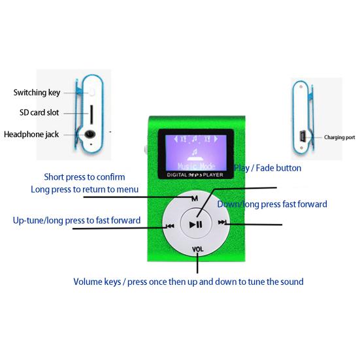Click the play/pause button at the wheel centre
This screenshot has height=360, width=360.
tap(196, 224)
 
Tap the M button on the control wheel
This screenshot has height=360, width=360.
tap(195, 199)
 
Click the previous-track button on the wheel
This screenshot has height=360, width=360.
tap(170, 226)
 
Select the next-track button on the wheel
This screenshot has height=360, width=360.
tap(222, 222)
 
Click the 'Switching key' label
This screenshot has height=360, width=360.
tap(37, 93)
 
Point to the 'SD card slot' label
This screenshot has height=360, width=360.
tap(39, 112)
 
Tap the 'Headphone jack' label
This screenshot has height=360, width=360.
tap(31, 135)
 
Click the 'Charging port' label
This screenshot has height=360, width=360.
tap(339, 137)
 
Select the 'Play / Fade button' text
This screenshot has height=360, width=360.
tap(267, 168)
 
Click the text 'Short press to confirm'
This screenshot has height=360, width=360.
tap(84, 177)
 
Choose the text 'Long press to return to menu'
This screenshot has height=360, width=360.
tap(85, 189)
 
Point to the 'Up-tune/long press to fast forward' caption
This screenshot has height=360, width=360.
tap(76, 220)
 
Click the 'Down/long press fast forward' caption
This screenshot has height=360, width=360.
tap(272, 204)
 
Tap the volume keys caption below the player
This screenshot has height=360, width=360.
tap(189, 282)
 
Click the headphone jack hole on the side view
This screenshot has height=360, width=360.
tap(90, 134)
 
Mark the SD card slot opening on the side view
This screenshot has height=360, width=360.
tap(91, 114)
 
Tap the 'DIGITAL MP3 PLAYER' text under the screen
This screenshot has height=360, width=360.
tap(195, 175)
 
